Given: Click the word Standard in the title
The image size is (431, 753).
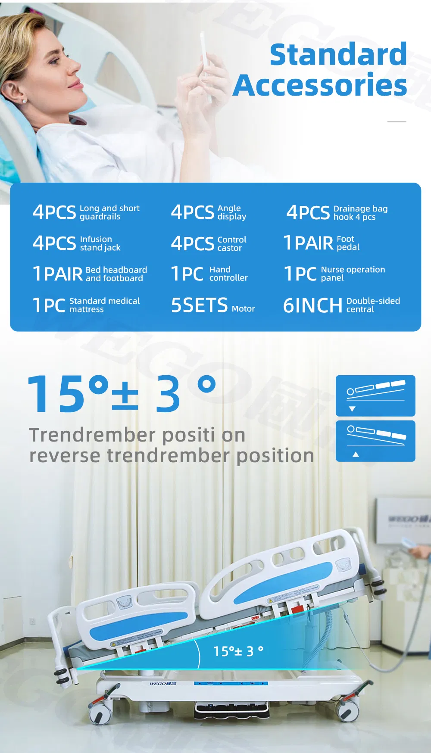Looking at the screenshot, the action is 338,54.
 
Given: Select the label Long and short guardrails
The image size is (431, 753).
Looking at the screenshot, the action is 109,212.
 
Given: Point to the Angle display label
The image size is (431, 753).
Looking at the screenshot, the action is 232,212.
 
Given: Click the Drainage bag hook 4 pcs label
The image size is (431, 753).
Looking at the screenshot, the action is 360,213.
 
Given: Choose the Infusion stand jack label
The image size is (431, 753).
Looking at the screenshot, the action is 100,243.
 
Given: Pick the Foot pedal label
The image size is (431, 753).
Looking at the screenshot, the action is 348,243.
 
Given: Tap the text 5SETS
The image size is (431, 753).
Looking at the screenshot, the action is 199,305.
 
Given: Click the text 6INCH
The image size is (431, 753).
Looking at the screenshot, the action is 312,305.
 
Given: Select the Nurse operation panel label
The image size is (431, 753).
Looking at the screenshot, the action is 353,274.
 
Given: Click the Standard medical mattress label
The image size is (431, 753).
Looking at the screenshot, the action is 104,305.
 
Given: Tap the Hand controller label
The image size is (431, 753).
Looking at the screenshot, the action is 228,274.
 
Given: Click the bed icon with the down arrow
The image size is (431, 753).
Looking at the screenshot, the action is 375,395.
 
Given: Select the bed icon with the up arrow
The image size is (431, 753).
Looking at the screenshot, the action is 375,441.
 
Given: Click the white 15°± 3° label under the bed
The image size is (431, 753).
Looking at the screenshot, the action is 238,651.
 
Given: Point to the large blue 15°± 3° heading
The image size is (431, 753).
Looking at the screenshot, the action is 122,393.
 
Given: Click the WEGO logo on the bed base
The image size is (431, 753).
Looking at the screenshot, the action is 162,684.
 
